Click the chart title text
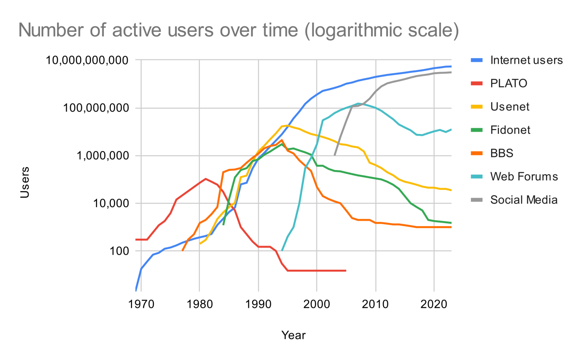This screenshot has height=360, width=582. pyautogui.click(x=238, y=30)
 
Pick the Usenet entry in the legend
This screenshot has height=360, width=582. pyautogui.click(x=510, y=107)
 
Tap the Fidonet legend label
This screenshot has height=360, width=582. pyautogui.click(x=510, y=130)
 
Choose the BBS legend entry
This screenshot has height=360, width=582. pyautogui.click(x=502, y=153)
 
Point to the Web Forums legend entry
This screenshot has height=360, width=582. pyautogui.click(x=524, y=176)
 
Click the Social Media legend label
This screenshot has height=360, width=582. pyautogui.click(x=523, y=200)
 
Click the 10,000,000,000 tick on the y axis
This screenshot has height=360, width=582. pyautogui.click(x=87, y=60)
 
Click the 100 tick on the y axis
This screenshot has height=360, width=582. pyautogui.click(x=119, y=251)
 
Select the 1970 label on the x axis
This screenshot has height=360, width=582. pyautogui.click(x=141, y=304)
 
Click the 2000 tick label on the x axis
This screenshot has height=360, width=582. pyautogui.click(x=316, y=304)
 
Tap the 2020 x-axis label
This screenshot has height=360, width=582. pyautogui.click(x=434, y=304)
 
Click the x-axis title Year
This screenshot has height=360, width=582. pyautogui.click(x=293, y=335)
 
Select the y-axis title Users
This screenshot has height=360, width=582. pyautogui.click(x=25, y=182)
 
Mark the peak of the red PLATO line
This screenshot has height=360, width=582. pyautogui.click(x=206, y=178)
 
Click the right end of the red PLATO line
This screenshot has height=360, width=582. pyautogui.click(x=346, y=270)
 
